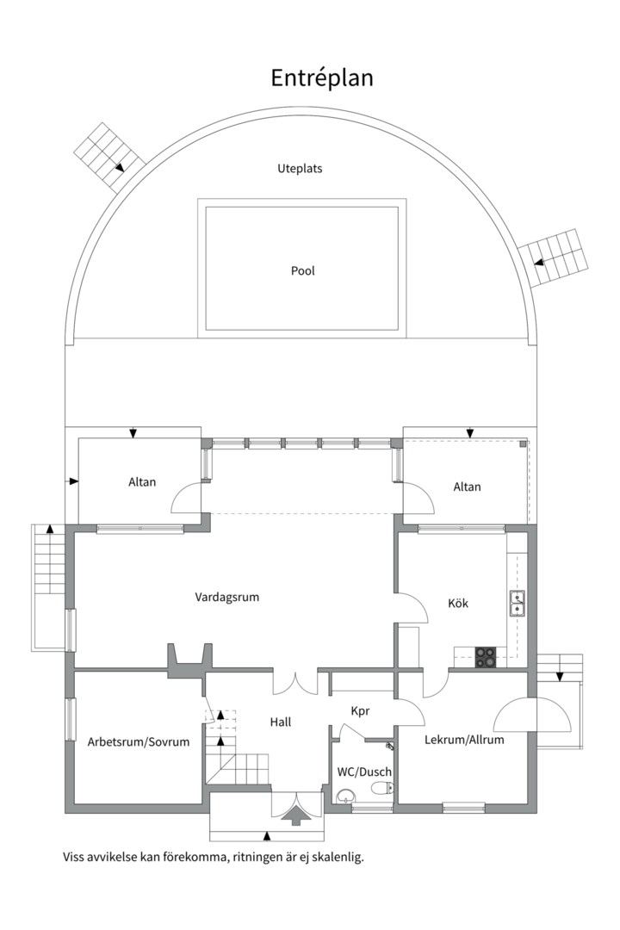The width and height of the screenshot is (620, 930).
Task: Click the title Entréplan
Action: pyautogui.click(x=322, y=77)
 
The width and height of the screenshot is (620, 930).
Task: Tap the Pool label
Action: pyautogui.click(x=302, y=270)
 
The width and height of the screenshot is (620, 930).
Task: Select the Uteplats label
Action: pyautogui.click(x=300, y=169)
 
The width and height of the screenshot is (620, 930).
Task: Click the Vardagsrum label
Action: pyautogui.click(x=227, y=597)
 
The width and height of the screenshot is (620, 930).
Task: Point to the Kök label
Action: pyautogui.click(x=458, y=603)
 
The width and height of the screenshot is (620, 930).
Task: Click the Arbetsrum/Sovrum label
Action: pyautogui.click(x=139, y=741)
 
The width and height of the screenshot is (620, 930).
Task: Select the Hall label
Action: pyautogui.click(x=280, y=722)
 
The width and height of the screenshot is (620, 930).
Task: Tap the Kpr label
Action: pyautogui.click(x=360, y=711)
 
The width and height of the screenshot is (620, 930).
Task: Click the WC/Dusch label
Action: pyautogui.click(x=363, y=772)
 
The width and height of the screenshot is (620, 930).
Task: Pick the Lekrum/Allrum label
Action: pyautogui.click(x=464, y=739)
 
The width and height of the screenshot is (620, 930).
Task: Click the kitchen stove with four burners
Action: pyautogui.click(x=486, y=657)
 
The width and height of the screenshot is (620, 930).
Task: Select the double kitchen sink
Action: pyautogui.click(x=518, y=604)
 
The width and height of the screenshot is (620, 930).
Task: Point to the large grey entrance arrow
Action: pyautogui.click(x=295, y=815)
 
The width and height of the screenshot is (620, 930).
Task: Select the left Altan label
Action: pyautogui.click(x=142, y=482)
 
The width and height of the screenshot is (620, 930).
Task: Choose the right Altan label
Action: pyautogui.click(x=467, y=487)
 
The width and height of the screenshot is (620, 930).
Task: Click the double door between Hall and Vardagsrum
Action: pyautogui.click(x=295, y=682)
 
